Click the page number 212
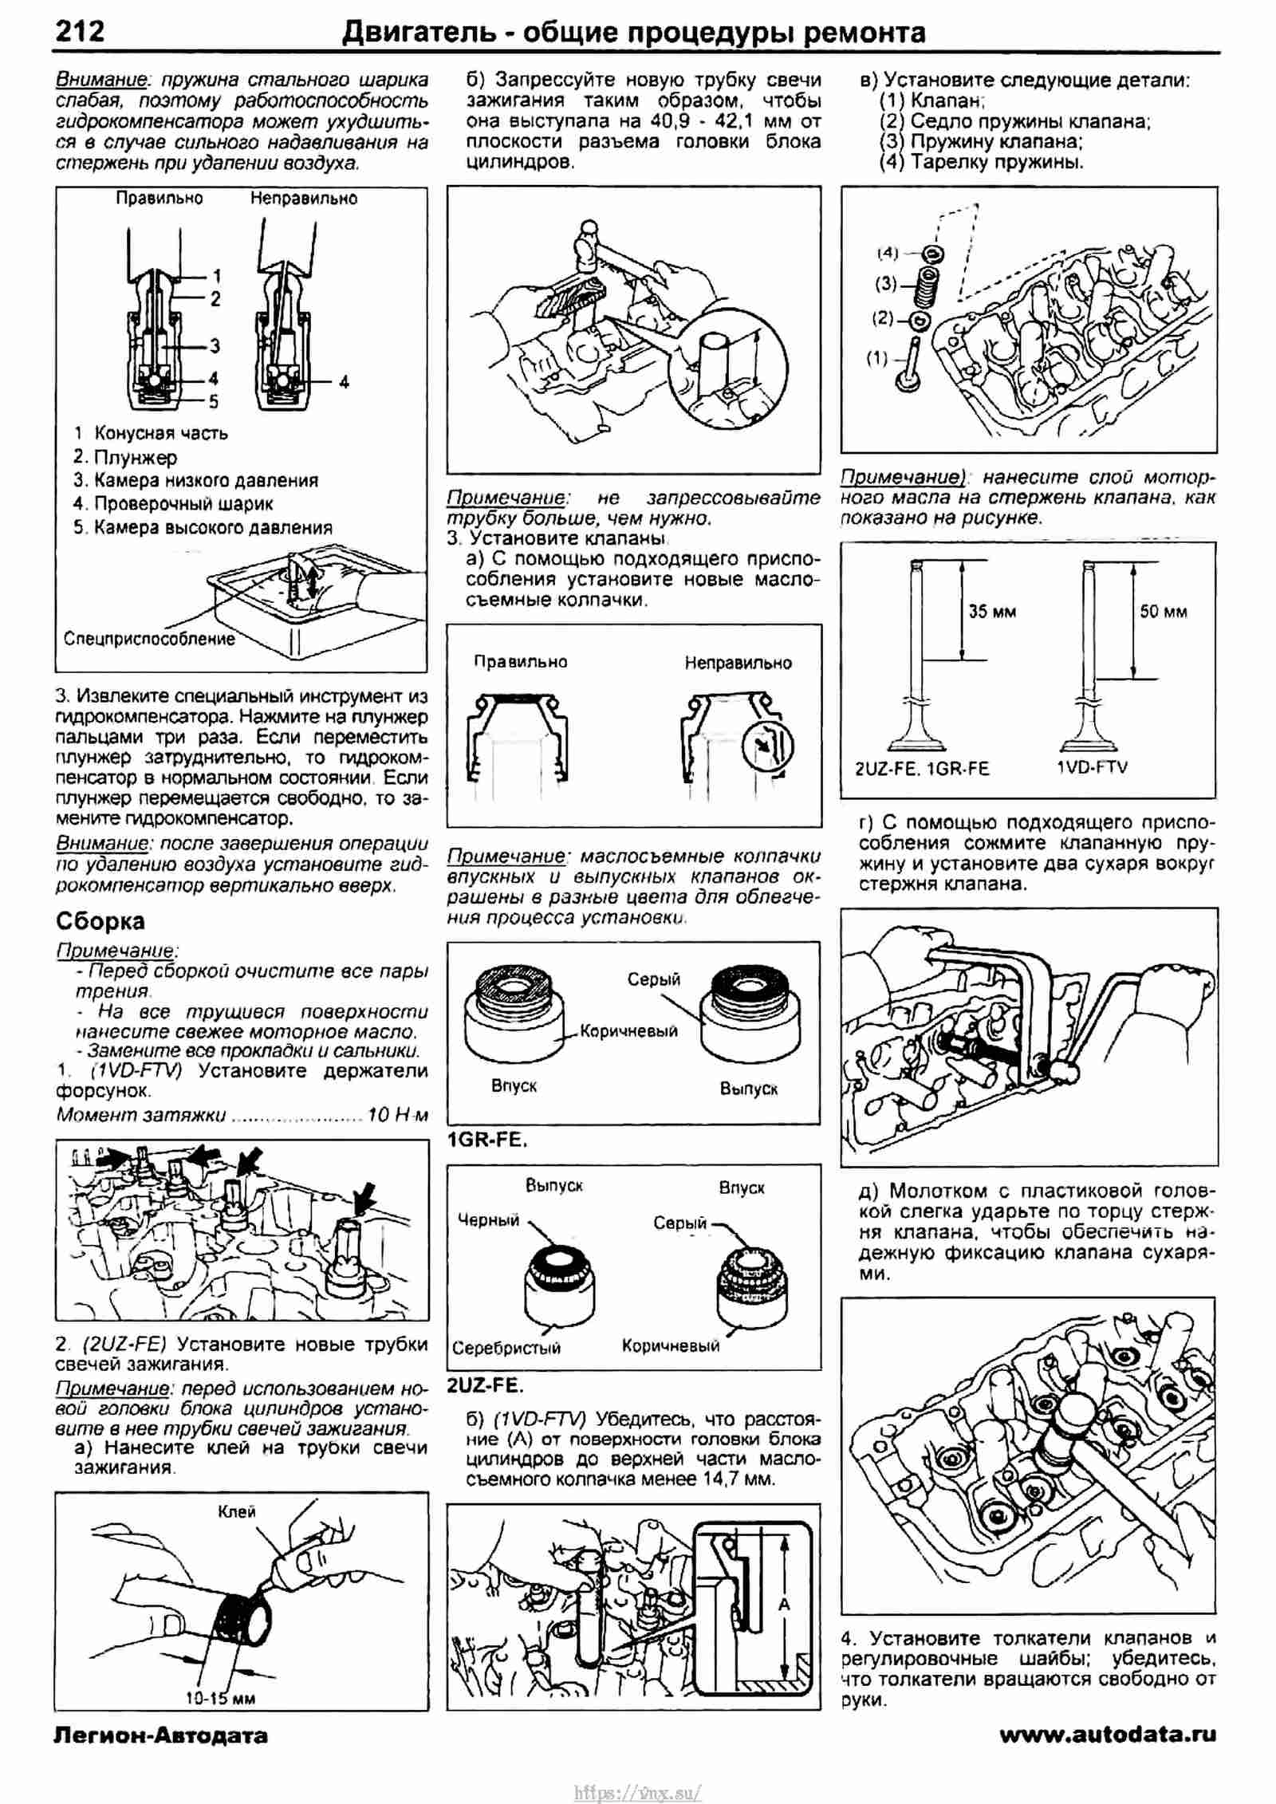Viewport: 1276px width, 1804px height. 80,31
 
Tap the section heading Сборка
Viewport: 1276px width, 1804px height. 100,921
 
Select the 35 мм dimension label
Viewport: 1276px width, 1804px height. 992,612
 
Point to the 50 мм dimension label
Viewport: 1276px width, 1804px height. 1164,612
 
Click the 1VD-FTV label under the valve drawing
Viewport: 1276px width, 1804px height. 1092,767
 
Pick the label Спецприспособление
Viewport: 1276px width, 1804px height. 149,639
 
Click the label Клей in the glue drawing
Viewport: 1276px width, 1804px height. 237,1511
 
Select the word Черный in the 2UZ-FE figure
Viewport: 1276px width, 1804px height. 488,1219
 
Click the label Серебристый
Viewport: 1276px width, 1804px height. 506,1348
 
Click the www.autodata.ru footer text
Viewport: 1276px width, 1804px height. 1108,1735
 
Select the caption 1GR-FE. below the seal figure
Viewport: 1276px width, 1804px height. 487,1140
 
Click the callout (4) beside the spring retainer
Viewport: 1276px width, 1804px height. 888,253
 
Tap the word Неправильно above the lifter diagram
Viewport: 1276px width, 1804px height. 304,199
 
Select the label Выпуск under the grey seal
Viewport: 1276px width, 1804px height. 748,1089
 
